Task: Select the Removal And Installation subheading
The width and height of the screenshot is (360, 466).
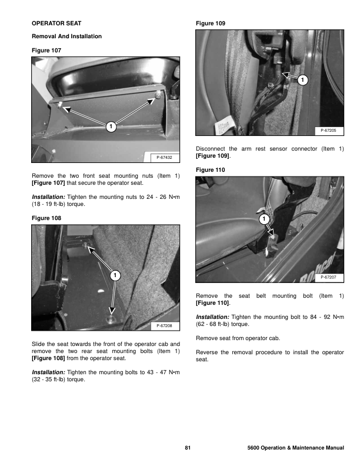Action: pos(66,36)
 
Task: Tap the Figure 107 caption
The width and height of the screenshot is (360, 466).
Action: pos(45,51)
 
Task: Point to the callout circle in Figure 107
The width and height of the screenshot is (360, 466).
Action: pos(111,126)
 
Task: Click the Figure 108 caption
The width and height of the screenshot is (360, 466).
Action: pos(45,218)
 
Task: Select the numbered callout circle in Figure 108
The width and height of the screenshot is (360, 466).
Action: pos(115,275)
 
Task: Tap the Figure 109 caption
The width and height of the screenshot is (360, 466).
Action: pos(210,24)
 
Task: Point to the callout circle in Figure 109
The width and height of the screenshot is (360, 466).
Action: pos(302,80)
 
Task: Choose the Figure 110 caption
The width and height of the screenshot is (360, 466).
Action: pos(210,169)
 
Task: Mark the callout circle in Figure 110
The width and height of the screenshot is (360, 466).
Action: pos(264,220)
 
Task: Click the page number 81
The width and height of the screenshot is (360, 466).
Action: pos(188,449)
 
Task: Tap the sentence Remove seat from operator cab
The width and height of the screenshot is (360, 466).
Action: pos(234,338)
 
